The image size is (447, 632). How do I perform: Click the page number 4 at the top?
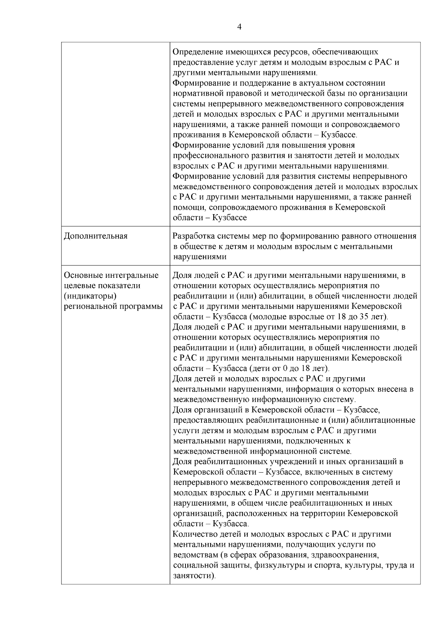pos(239,27)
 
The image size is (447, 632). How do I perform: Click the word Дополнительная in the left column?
pos(96,236)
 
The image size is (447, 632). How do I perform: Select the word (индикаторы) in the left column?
pos(91,296)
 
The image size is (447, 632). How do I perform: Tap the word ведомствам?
pos(196,555)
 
